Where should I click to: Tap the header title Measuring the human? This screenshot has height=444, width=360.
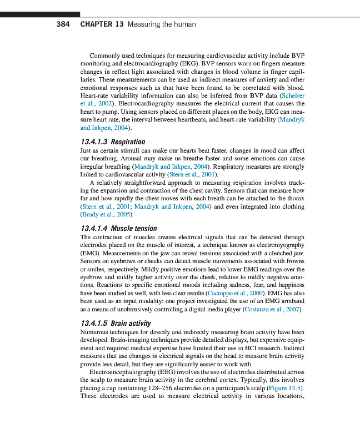click(x=162, y=24)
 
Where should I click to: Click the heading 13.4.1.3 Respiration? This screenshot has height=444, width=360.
click(x=113, y=142)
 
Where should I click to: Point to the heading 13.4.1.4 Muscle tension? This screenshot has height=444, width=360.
click(x=119, y=228)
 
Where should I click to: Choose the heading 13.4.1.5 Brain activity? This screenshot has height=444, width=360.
click(x=116, y=323)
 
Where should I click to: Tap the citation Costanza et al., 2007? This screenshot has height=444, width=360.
click(x=274, y=309)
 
